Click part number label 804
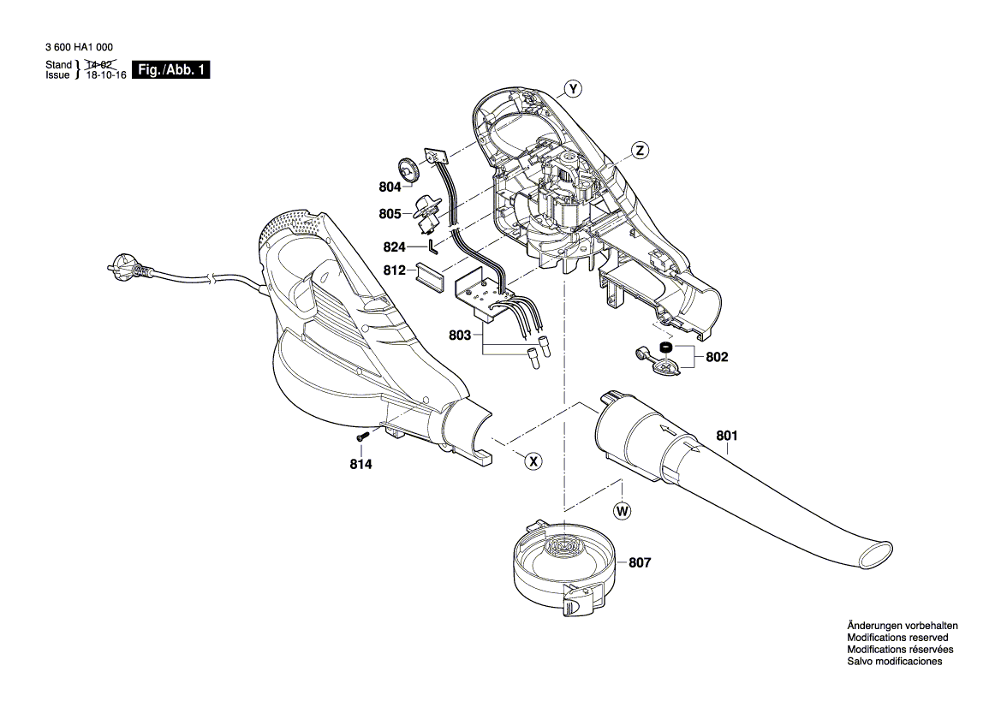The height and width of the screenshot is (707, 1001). [390, 187]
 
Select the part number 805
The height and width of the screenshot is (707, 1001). [390, 214]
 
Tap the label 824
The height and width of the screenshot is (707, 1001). [395, 247]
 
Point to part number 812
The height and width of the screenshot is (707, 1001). [395, 271]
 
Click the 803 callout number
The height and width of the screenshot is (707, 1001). [460, 336]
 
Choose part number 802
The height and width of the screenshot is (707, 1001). [717, 357]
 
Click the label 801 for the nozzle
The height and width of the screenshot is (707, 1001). [726, 436]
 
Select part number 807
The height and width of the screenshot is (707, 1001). [640, 563]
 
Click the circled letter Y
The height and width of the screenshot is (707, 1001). [573, 89]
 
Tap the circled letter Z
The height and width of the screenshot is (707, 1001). [639, 151]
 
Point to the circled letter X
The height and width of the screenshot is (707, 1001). [533, 461]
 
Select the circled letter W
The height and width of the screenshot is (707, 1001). [623, 511]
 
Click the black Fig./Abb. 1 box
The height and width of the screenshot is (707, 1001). [172, 70]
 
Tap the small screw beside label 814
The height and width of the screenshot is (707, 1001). [361, 437]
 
